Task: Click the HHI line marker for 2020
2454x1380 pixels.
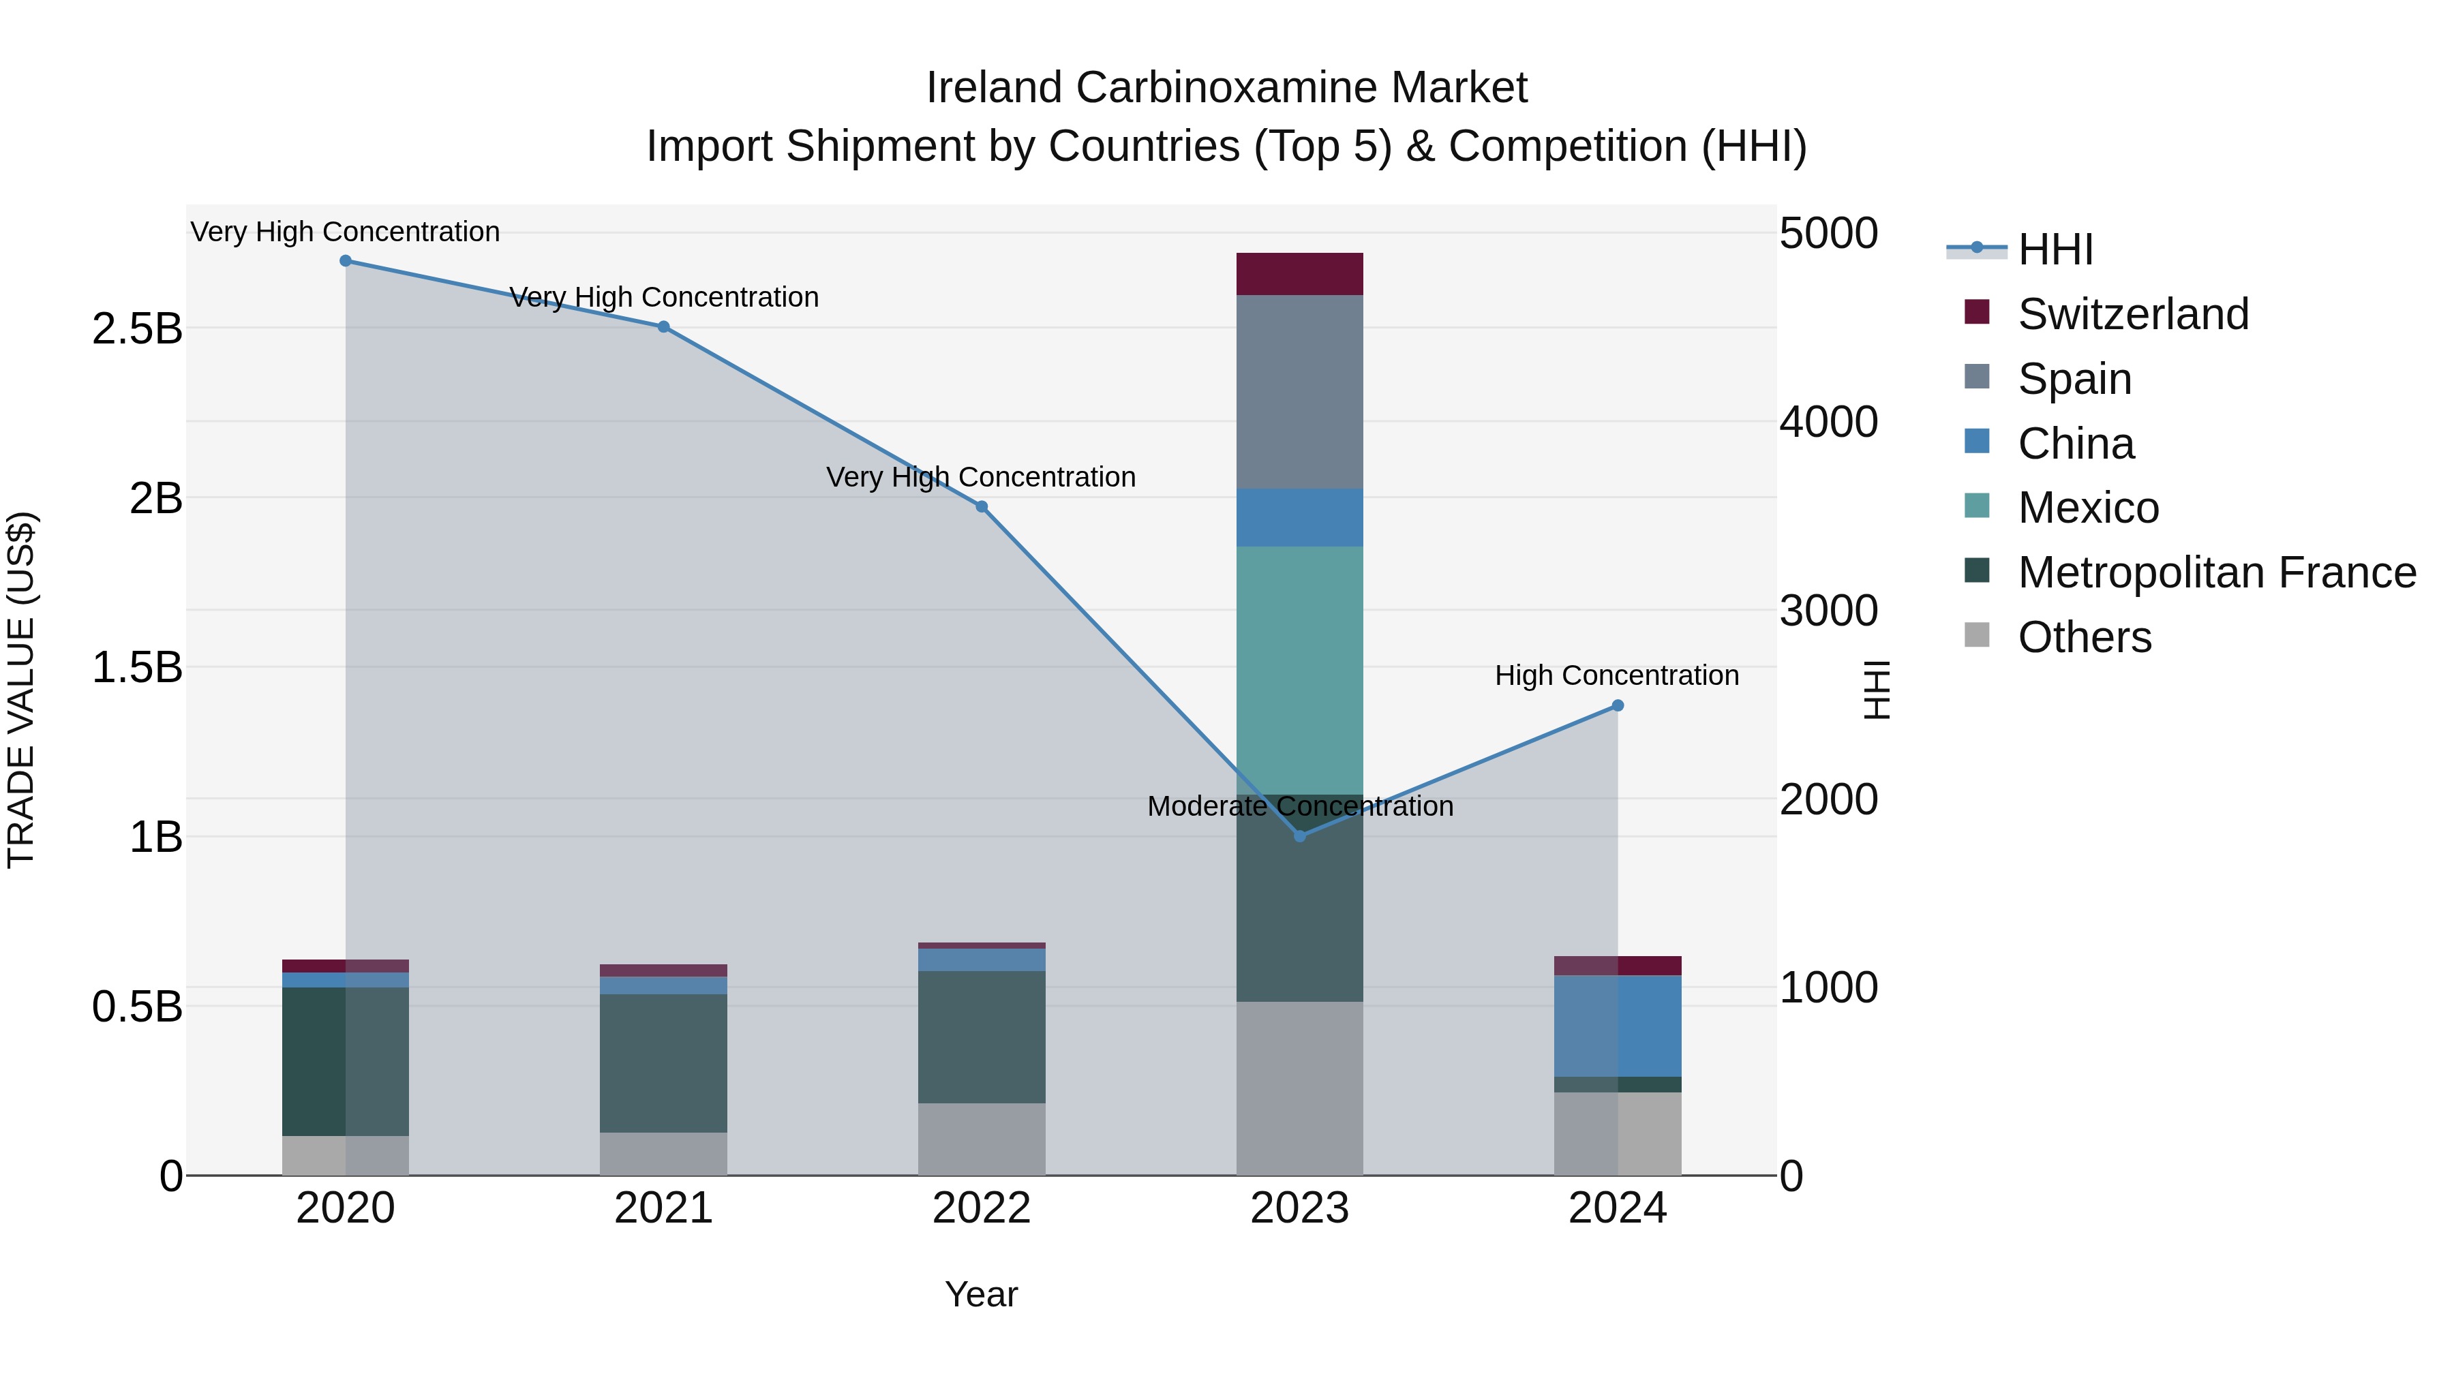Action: (346, 261)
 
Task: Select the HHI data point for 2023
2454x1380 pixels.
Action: (1299, 835)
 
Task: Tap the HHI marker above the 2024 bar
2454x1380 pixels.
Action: (1618, 706)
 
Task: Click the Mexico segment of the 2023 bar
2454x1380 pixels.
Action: (1299, 669)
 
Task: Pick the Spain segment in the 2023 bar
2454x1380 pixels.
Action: (1299, 391)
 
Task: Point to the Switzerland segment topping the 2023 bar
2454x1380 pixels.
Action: (1299, 274)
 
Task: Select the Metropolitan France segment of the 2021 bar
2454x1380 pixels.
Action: (663, 1063)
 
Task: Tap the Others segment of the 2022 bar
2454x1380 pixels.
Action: (981, 1139)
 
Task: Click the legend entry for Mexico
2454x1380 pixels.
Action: (2087, 508)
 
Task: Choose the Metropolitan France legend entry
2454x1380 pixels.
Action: (2216, 572)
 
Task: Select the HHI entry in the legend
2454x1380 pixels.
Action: (2055, 249)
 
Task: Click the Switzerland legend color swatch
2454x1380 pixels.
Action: (1977, 312)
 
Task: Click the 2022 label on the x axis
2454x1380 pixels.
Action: (981, 1208)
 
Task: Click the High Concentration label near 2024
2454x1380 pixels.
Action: (1617, 676)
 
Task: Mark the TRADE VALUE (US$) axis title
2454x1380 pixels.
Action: (21, 690)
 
